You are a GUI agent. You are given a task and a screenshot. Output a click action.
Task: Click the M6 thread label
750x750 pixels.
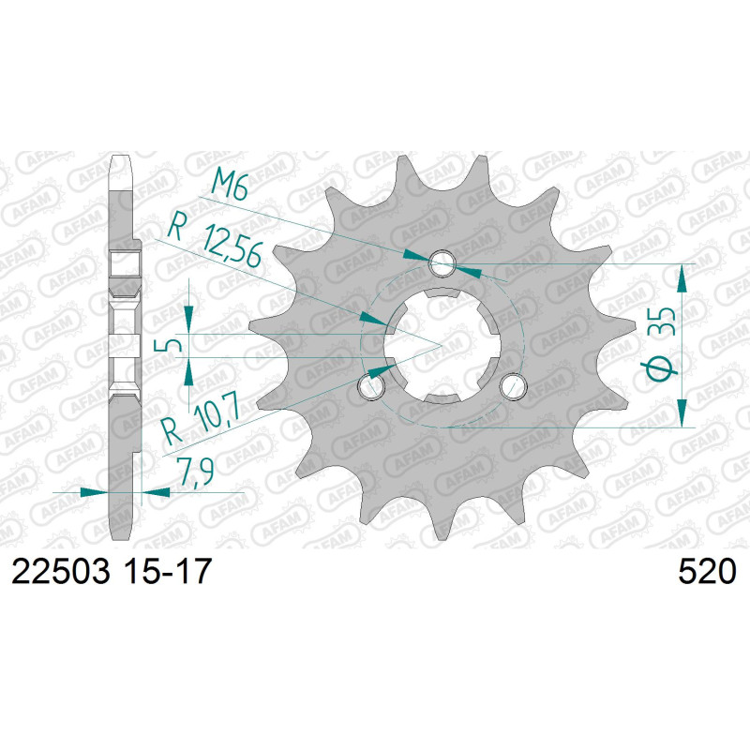click(229, 184)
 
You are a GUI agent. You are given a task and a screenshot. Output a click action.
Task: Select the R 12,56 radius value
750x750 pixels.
click(216, 244)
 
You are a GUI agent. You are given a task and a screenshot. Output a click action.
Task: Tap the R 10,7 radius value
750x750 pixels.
click(201, 420)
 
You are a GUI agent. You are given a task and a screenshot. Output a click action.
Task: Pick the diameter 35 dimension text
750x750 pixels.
click(661, 343)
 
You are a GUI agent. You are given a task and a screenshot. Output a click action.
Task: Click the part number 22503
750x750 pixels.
click(61, 572)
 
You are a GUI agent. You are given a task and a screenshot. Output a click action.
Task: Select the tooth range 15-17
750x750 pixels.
click(167, 572)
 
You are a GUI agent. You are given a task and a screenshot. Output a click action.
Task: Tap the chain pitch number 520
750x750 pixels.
click(707, 572)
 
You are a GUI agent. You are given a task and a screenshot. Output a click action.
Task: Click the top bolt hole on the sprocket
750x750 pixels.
click(442, 263)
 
